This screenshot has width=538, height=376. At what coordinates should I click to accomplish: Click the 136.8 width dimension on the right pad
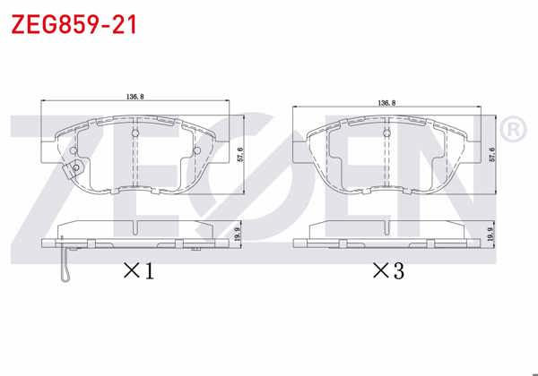point(387,104)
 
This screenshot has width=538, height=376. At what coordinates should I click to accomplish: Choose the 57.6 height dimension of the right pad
point(492,154)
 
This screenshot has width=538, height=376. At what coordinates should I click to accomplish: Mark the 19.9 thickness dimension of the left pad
point(236,235)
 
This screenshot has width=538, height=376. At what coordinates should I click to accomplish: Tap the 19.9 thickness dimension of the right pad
point(491,235)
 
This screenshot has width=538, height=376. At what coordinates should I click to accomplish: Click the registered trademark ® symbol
point(512,131)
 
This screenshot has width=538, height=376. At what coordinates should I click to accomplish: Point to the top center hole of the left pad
point(135,135)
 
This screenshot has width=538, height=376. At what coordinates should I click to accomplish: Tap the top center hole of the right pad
point(386,134)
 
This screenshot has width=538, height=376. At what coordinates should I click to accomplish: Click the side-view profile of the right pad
point(386,235)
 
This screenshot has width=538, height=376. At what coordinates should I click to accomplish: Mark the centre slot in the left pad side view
point(135,242)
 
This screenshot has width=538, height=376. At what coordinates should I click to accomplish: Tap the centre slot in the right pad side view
point(386,242)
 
